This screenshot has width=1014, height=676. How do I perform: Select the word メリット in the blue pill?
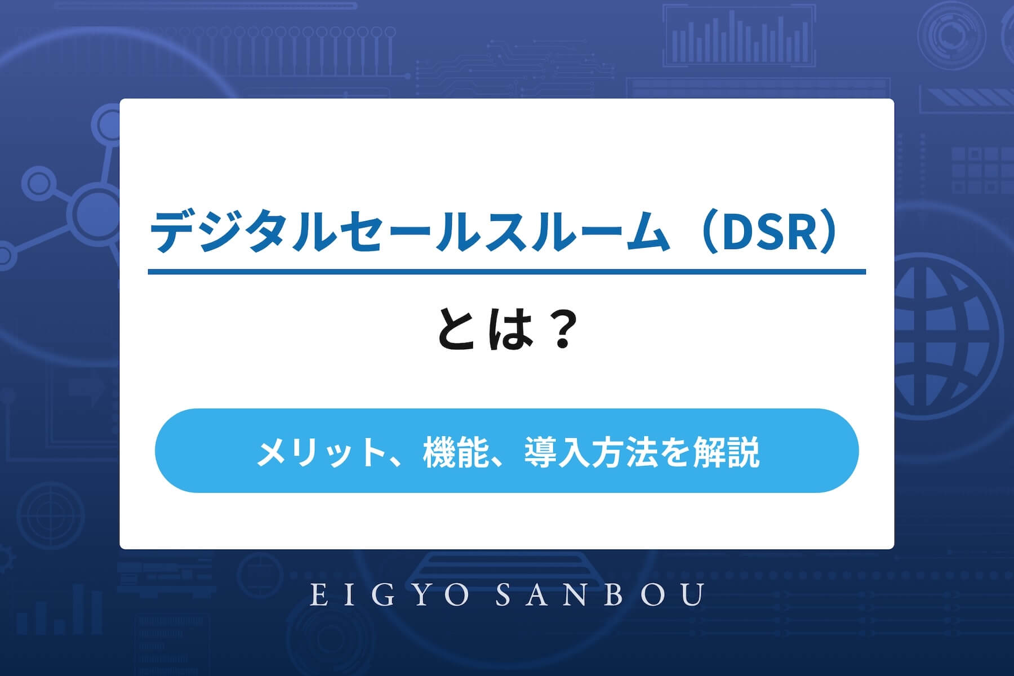(319, 452)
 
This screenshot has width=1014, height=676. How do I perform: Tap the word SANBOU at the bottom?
(600, 595)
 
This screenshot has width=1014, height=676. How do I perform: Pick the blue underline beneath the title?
(506, 272)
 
